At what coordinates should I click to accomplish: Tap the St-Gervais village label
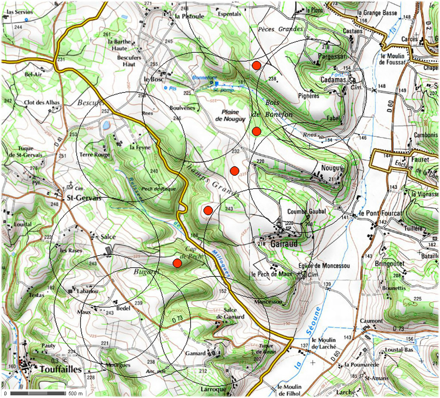(x=82, y=198)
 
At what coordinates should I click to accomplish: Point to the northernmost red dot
(x=257, y=65)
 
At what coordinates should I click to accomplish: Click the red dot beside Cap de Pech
(x=177, y=262)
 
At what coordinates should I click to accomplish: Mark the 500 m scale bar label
(x=75, y=393)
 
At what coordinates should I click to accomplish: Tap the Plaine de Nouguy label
(x=230, y=115)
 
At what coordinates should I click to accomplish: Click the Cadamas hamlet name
(x=333, y=80)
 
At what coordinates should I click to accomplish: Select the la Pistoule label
(x=189, y=16)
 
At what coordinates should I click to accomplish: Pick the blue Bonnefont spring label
(x=202, y=78)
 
